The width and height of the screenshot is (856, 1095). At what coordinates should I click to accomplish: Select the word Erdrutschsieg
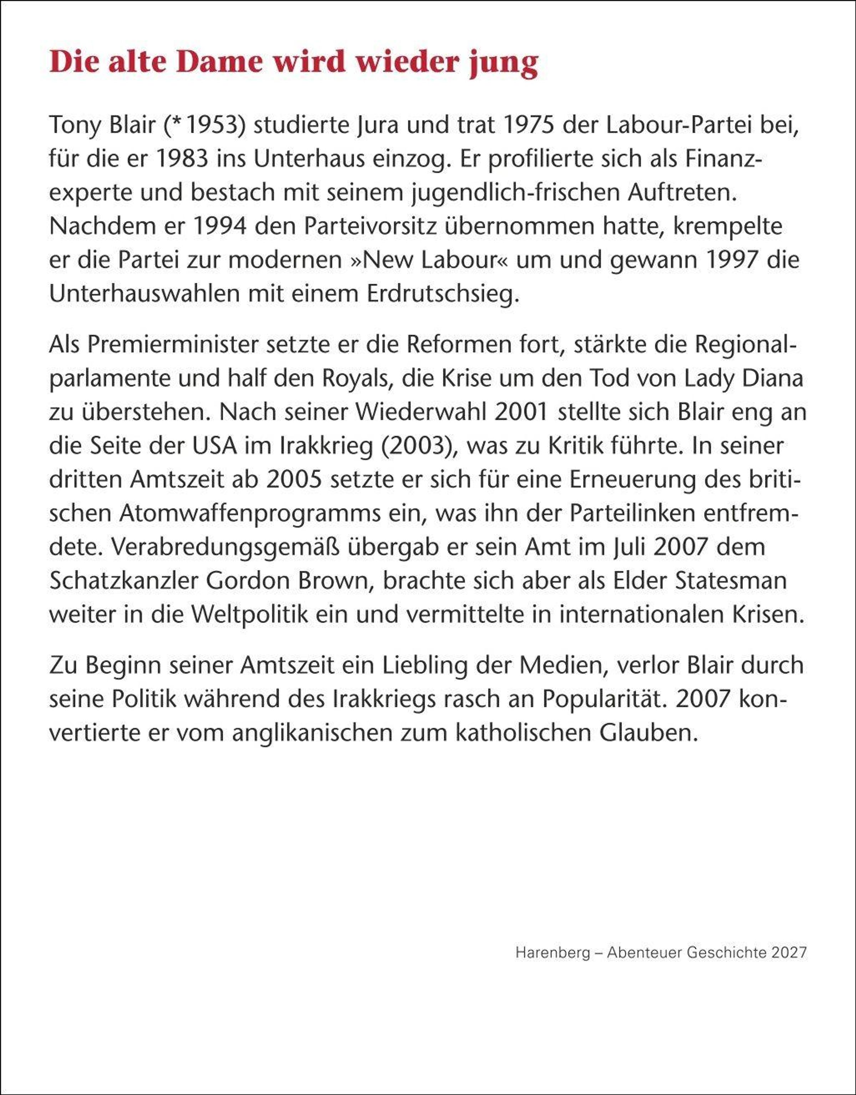[x=441, y=294]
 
